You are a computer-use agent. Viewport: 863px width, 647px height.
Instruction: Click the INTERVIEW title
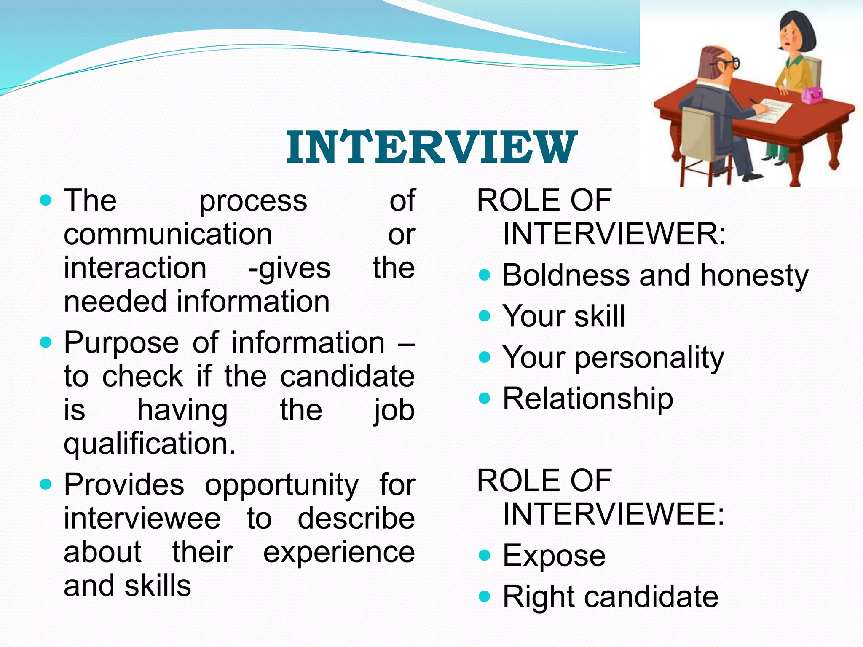pos(431,147)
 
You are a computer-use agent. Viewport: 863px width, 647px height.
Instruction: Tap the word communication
pos(168,234)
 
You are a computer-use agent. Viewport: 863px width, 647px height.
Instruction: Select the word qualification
pos(150,444)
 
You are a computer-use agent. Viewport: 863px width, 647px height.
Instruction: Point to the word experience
pos(339,553)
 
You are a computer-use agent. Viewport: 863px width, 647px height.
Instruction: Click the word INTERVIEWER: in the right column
pos(614,234)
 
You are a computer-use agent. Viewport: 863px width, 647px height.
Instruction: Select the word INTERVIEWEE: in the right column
pos(614,515)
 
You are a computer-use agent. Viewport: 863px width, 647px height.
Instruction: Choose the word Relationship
pos(588,398)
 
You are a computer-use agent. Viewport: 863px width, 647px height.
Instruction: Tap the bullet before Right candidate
pos(485,596)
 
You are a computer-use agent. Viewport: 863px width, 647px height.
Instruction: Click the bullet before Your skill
pos(485,316)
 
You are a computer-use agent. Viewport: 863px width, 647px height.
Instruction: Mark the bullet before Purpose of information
pos(46,342)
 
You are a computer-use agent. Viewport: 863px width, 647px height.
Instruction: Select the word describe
pos(356,519)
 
